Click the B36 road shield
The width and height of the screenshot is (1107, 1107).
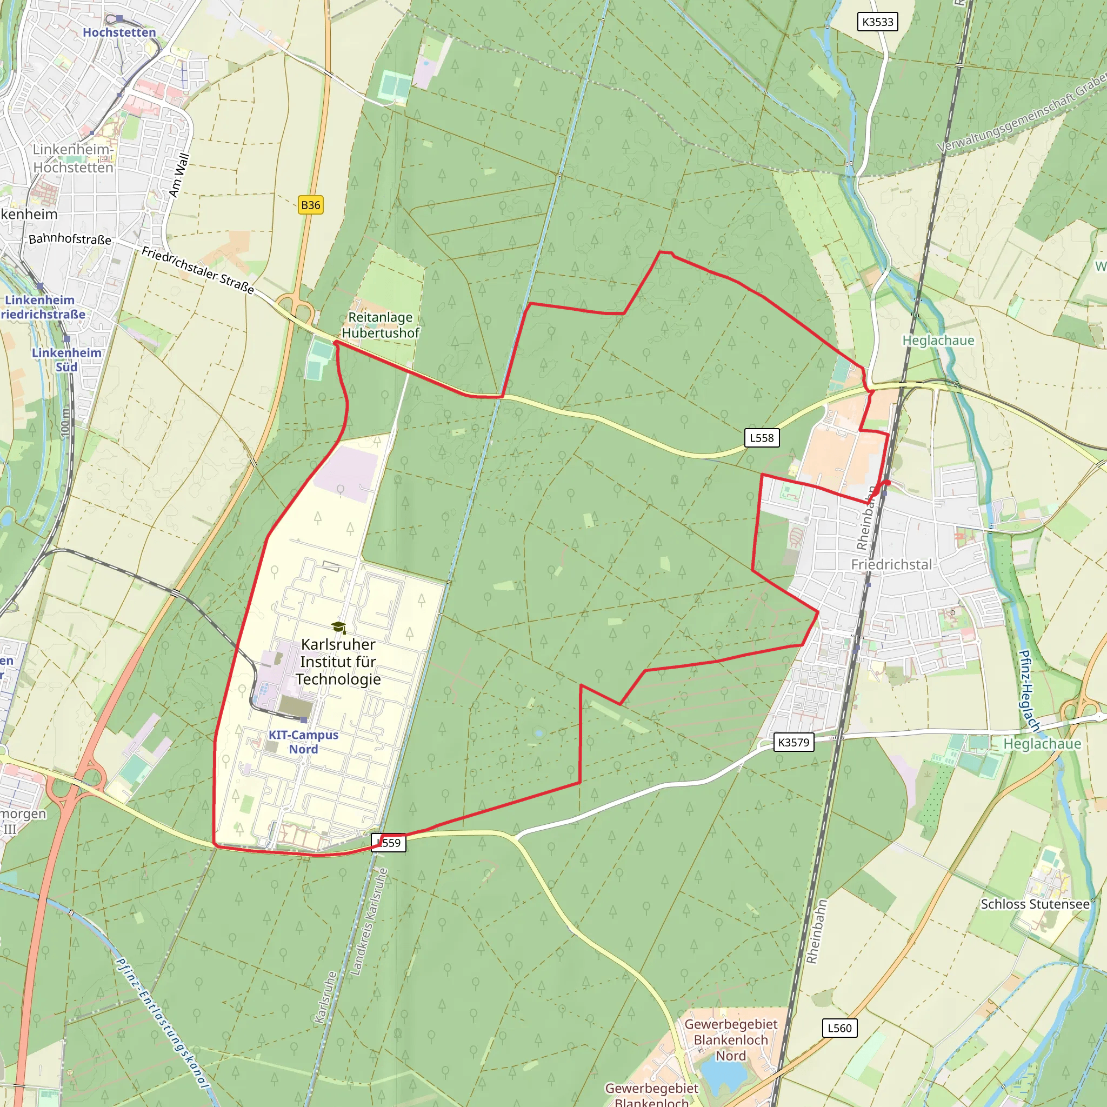(x=311, y=205)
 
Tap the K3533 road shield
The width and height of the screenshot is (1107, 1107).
(x=877, y=22)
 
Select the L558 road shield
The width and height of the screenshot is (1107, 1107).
(x=762, y=438)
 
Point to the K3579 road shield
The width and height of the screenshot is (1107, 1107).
(x=793, y=742)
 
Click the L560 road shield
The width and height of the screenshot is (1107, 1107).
(x=839, y=1028)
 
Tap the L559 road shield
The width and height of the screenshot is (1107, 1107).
(x=389, y=842)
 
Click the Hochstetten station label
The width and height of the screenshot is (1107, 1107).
(x=119, y=32)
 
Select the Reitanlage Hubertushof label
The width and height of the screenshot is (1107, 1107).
(x=381, y=325)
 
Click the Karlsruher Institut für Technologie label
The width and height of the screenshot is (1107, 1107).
(x=338, y=661)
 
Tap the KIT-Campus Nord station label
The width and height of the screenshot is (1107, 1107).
(x=304, y=742)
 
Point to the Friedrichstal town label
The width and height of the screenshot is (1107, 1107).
(x=891, y=564)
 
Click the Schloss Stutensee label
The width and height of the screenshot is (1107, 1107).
(x=1035, y=904)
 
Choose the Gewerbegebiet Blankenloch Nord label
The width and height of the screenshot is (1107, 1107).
(x=731, y=1039)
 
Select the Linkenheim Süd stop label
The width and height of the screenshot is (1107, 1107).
(x=66, y=360)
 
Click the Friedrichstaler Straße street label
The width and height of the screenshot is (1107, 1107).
(x=198, y=270)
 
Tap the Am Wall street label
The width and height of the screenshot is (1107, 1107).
(x=179, y=175)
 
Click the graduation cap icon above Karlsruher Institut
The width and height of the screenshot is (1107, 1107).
(x=338, y=627)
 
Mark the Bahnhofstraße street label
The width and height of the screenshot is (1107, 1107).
(x=70, y=239)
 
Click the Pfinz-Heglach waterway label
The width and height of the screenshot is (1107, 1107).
(x=1030, y=691)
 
